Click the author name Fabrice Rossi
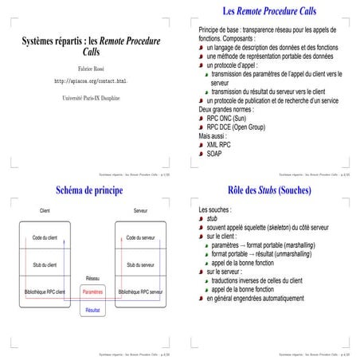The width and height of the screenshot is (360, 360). coord(89,68)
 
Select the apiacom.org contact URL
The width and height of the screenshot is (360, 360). coord(89,81)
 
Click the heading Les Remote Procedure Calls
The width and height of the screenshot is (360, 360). coord(269,12)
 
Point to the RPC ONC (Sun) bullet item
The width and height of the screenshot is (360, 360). coord(232,118)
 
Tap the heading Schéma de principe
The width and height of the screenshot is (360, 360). coord(89,191)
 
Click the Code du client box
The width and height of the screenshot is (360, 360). coord(45,238)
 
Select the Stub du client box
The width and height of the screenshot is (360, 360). coord(45,264)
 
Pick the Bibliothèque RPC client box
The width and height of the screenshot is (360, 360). coord(45,292)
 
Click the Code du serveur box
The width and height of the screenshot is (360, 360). coord(140,238)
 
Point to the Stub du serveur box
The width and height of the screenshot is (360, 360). coord(140,264)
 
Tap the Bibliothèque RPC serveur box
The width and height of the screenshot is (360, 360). coord(140,292)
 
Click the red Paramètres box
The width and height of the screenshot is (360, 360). coord(92,292)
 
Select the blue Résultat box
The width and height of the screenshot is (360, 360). coord(92,309)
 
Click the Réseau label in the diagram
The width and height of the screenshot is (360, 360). coord(92,278)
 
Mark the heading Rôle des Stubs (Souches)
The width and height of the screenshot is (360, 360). coord(269,191)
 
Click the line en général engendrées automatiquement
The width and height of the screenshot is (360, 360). coord(254,299)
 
